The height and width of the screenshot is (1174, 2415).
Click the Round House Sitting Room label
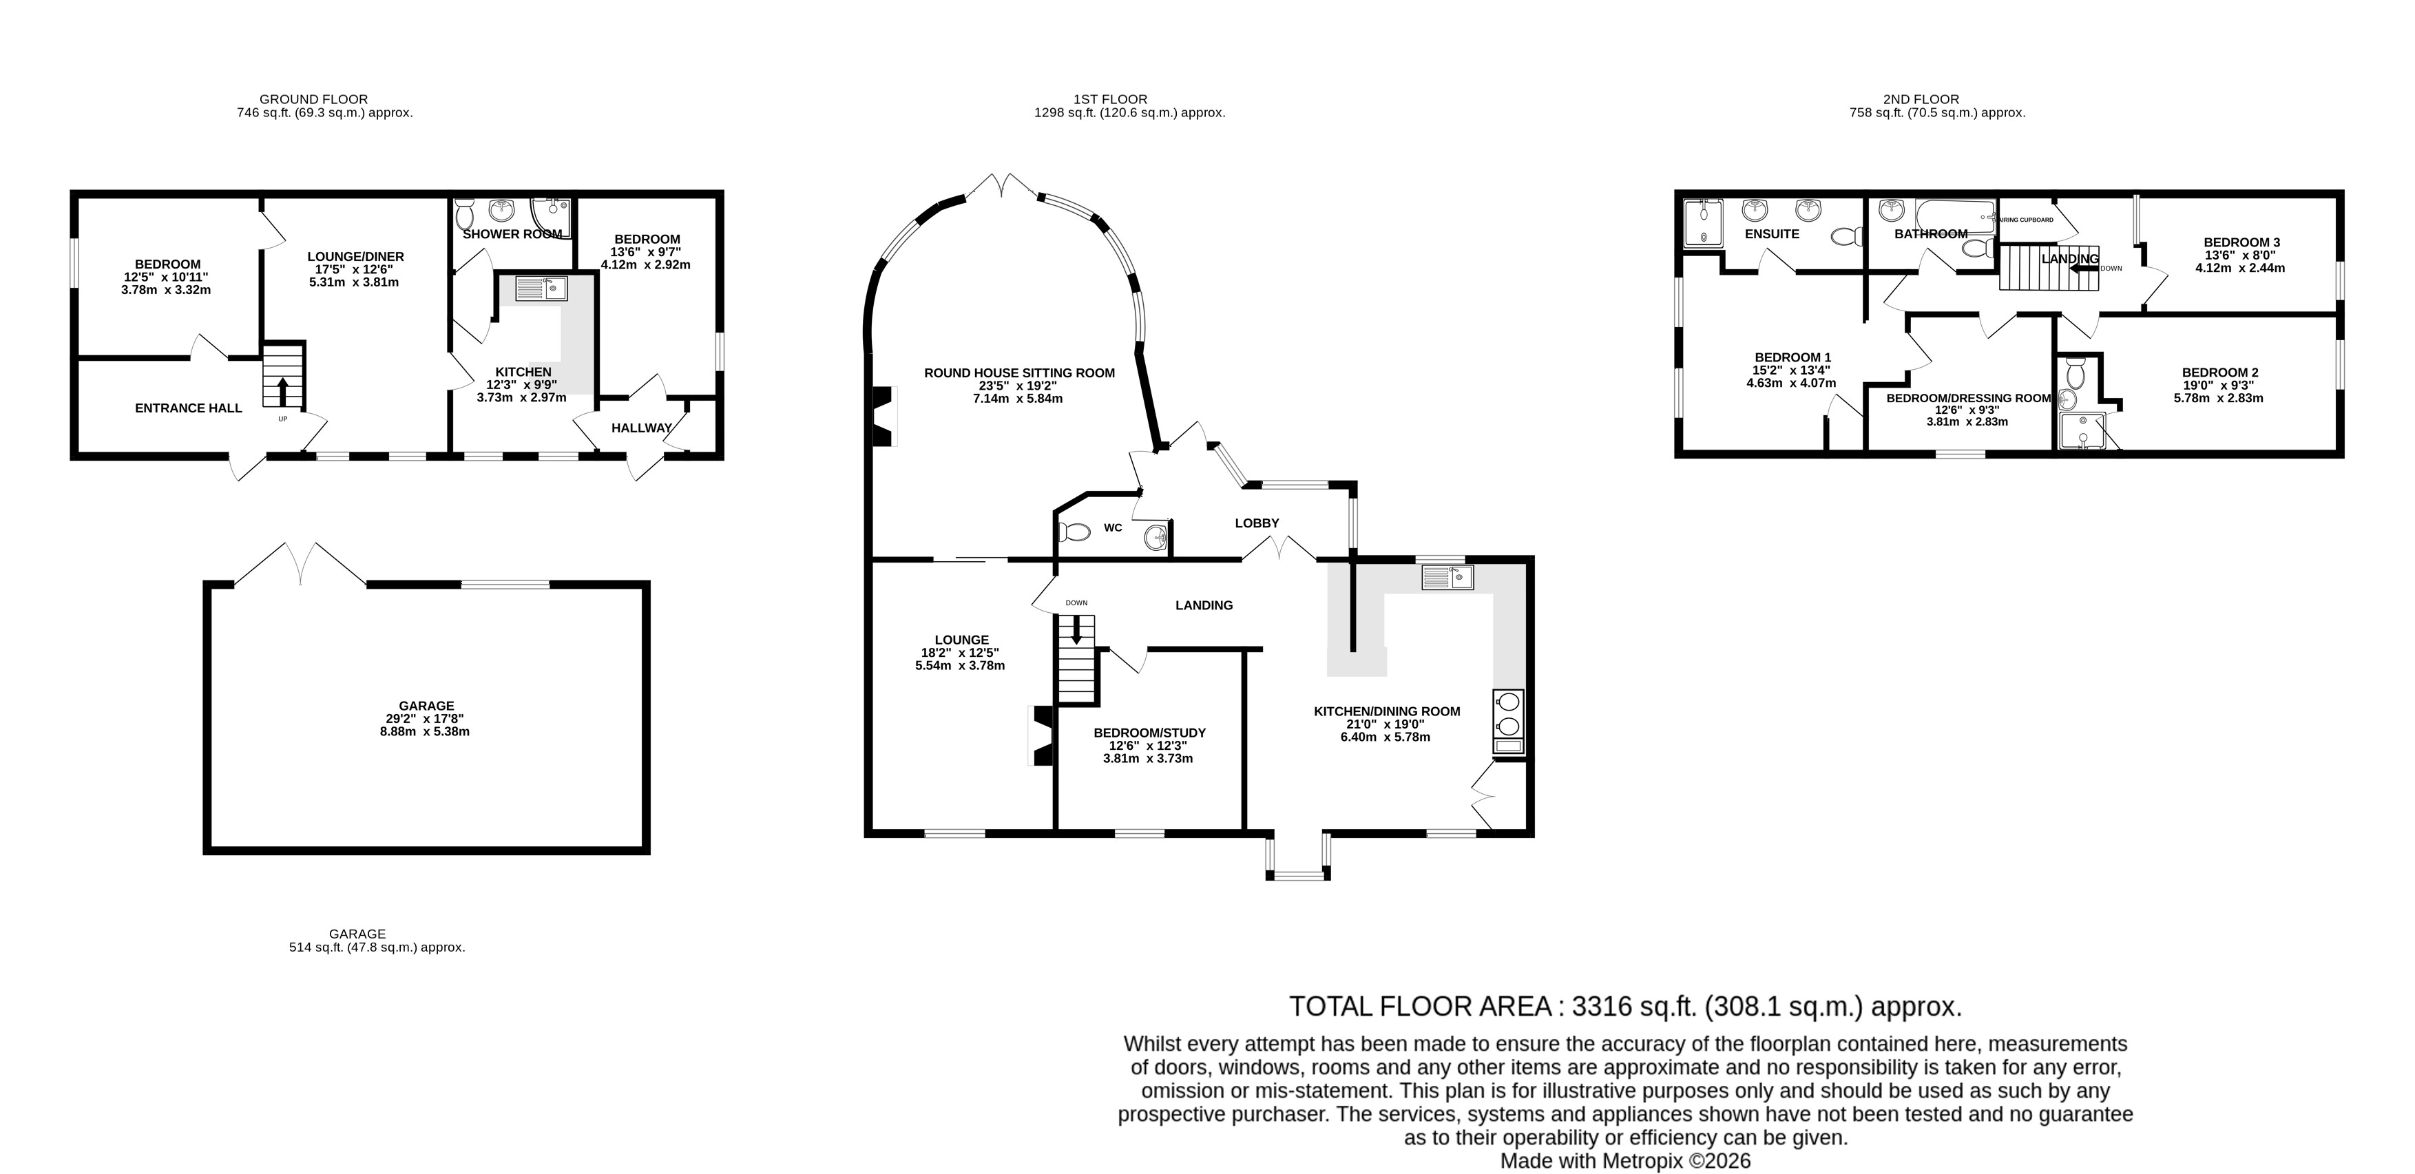tap(1019, 373)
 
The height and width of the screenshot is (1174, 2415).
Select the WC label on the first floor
tap(1113, 528)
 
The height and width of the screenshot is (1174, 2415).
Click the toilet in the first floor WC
tap(1074, 533)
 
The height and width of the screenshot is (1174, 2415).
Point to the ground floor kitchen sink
tap(543, 288)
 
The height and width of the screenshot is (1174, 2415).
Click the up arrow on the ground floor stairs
tap(283, 389)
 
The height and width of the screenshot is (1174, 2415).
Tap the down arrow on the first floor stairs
tap(1076, 628)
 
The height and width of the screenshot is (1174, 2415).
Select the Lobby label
tap(1256, 523)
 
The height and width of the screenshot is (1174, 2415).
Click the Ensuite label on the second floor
tap(1772, 233)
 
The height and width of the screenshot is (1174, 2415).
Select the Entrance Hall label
tap(189, 408)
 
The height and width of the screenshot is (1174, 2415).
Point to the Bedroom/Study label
tap(1149, 733)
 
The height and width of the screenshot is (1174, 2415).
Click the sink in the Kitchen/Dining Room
tap(1447, 577)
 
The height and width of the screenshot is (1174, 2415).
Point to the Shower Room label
tap(513, 233)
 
